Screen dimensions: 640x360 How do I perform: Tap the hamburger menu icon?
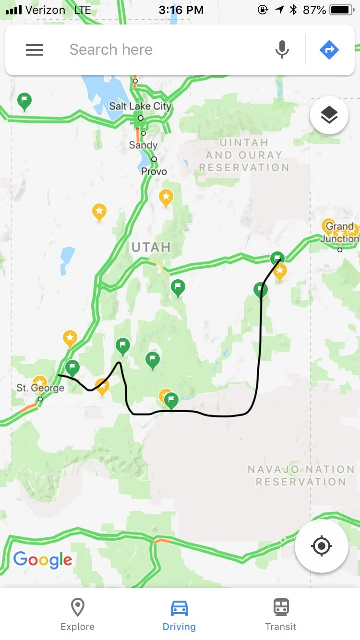[x=35, y=50]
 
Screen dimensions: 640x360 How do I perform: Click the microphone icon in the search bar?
[x=282, y=50]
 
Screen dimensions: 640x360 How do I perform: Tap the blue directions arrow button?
[x=329, y=50]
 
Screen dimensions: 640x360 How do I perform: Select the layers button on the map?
[x=329, y=116]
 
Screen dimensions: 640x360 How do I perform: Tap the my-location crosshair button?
[x=322, y=546]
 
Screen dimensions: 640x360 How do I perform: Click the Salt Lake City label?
[x=140, y=107]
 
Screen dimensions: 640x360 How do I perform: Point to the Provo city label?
[x=154, y=171]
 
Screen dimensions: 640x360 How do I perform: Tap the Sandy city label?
[x=143, y=145]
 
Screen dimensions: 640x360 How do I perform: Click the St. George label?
[x=40, y=388]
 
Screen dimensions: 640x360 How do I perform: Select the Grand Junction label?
[x=340, y=233]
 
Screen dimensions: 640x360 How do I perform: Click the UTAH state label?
[x=151, y=248]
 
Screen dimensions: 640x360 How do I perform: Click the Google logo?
[x=43, y=559]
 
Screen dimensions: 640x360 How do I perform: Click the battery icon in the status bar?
[x=342, y=10]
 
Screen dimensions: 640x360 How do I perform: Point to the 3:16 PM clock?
[x=181, y=10]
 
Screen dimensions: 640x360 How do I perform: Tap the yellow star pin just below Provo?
[x=166, y=197]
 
